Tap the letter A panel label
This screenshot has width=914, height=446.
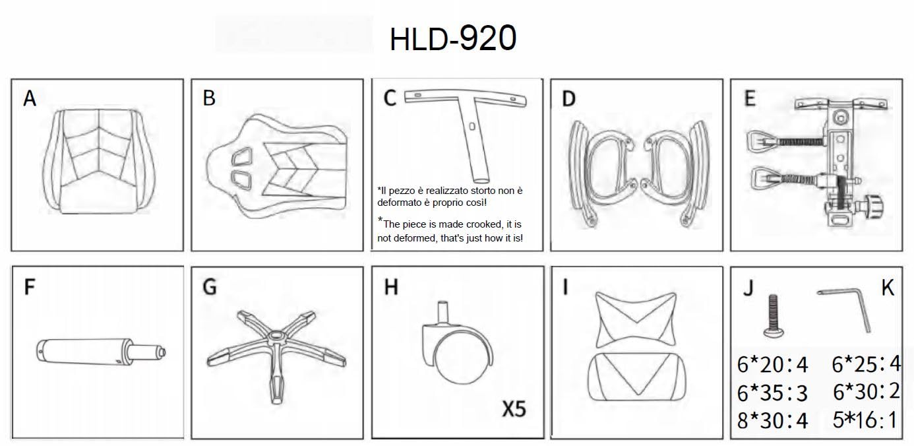tap(30, 98)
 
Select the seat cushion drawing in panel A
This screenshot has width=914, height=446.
tap(98, 161)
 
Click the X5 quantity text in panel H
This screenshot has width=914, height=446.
tap(514, 409)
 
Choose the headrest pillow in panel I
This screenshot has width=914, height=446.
tap(636, 319)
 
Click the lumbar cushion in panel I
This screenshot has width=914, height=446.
tap(637, 377)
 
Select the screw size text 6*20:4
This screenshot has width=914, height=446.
tap(772, 364)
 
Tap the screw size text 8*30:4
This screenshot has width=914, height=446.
tap(772, 421)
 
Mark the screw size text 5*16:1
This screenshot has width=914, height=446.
tap(865, 420)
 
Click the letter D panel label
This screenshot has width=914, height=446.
tap(569, 99)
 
